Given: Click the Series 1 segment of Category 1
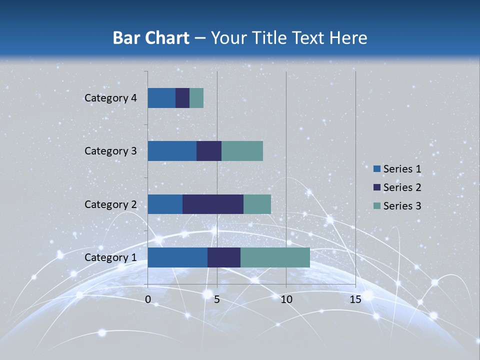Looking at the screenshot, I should [x=177, y=257].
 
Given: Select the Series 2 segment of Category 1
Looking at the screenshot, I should [x=224, y=257].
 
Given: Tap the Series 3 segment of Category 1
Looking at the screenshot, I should [x=275, y=257].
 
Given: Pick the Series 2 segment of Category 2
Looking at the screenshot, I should [x=213, y=204].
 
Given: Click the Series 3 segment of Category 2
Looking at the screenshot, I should [x=257, y=204].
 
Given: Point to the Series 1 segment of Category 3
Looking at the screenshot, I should [x=172, y=151].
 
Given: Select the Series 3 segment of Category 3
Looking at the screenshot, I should [x=242, y=151].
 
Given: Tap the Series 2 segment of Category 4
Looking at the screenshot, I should [x=182, y=98].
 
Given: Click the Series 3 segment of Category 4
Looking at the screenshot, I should [x=196, y=98].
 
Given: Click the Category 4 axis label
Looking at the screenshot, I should [x=110, y=98].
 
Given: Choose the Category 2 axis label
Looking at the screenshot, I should [x=110, y=204].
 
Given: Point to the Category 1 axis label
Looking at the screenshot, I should [x=110, y=257].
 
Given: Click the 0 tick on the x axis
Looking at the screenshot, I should [x=148, y=299].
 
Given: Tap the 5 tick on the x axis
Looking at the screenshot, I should [x=217, y=299].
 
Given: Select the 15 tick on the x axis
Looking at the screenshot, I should [x=355, y=299].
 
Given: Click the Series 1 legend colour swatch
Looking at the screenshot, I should [x=376, y=169].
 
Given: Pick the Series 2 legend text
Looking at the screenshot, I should [x=402, y=187].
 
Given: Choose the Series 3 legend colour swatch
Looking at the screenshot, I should [x=376, y=205].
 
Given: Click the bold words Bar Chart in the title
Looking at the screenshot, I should [x=151, y=37].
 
